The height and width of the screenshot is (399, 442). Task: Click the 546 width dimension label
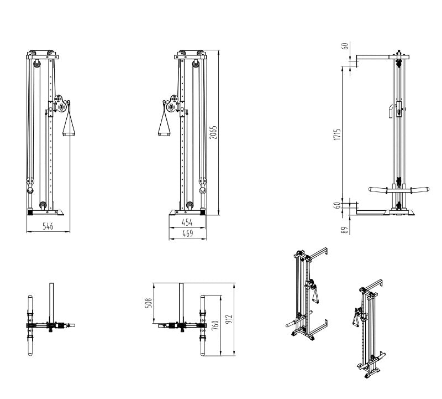coord(48,226)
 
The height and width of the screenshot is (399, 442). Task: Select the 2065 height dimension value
coord(214,132)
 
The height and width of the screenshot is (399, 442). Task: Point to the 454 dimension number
coord(187,222)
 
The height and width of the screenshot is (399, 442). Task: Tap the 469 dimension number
coord(187,234)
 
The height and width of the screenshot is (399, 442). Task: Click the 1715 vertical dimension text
coord(338,135)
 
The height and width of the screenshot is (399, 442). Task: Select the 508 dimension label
coord(149,304)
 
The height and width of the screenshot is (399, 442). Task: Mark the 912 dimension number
coord(229,320)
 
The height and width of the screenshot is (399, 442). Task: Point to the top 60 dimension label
coord(346,46)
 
